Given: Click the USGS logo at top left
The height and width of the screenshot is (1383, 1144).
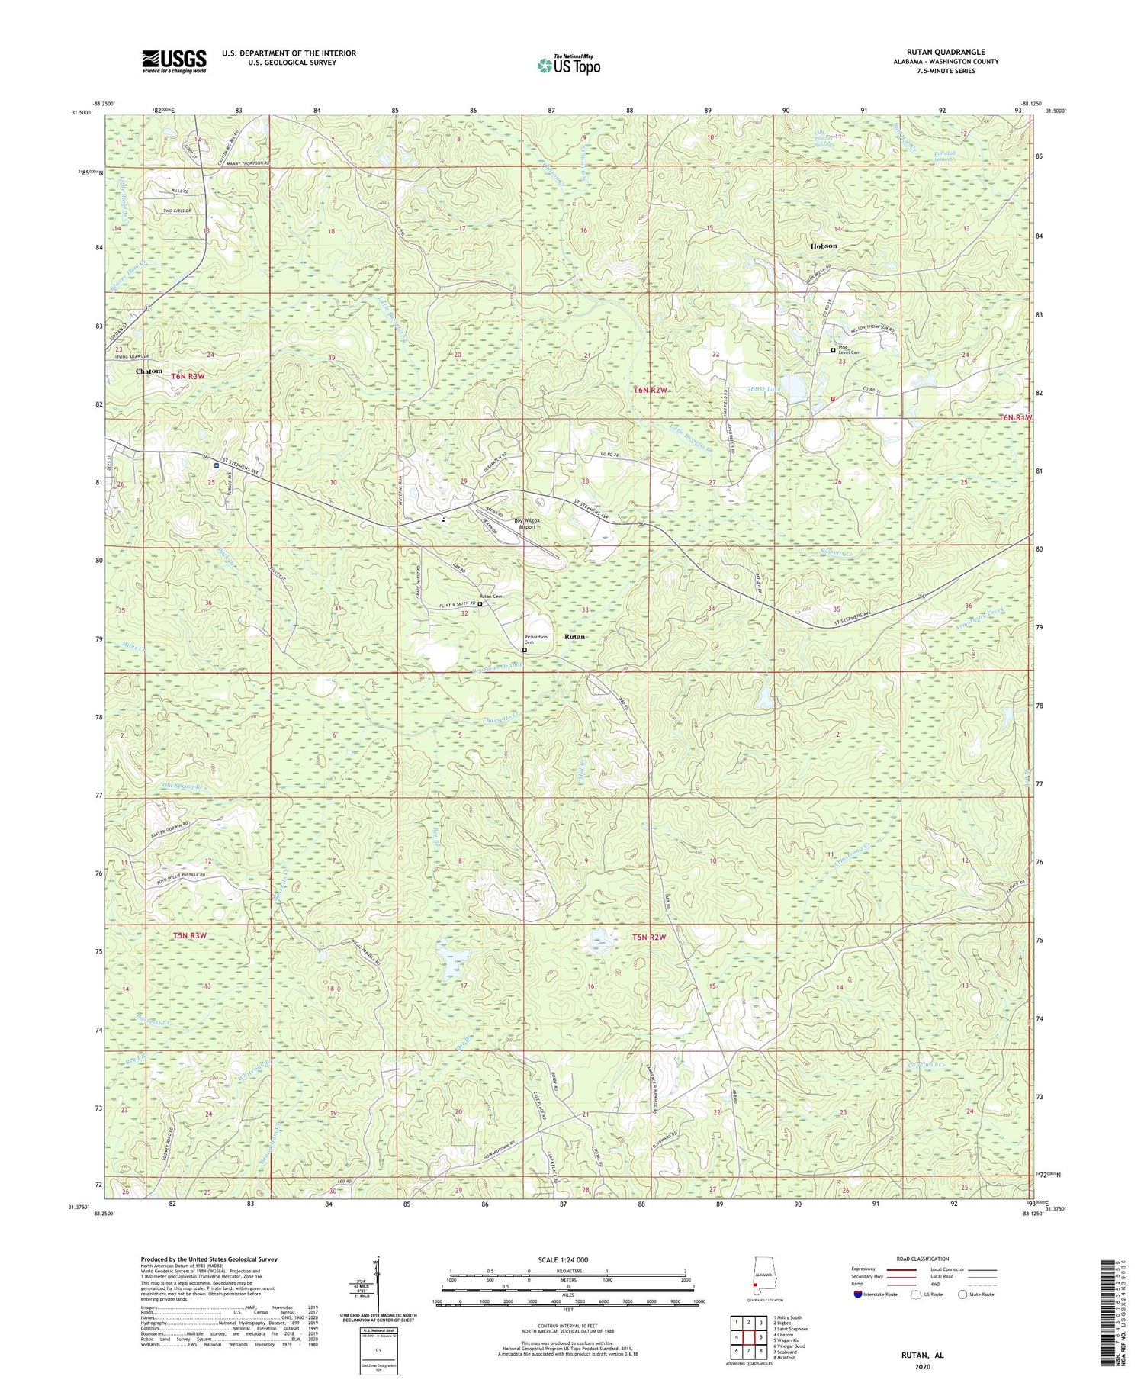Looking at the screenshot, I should coord(174,61).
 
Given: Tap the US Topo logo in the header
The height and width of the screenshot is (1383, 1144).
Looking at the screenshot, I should coord(568,66).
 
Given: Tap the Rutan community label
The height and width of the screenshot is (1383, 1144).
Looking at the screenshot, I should coord(574,636).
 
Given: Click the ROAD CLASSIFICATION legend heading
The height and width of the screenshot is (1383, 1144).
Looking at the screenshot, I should coord(923,1259).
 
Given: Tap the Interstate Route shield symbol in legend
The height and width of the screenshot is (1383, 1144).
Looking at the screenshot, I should coord(858,1295).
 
